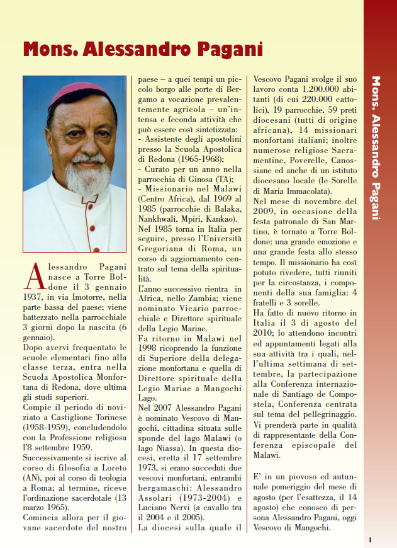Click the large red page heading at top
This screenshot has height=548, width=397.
pyautogui.click(x=142, y=50)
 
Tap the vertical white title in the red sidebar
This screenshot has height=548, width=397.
pyautogui.click(x=376, y=148)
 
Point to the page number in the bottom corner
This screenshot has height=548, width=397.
pyautogui.click(x=371, y=539)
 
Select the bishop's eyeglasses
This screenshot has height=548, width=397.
pyautogui.click(x=84, y=128)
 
